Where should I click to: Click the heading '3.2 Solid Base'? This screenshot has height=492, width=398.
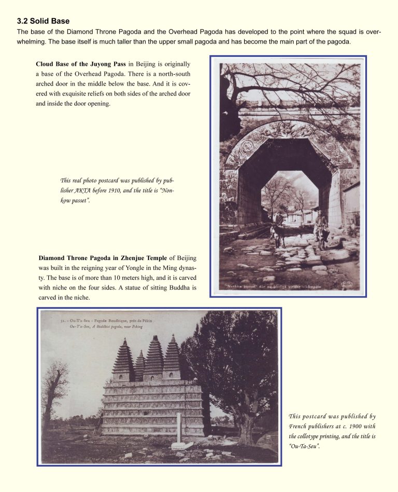(43, 21)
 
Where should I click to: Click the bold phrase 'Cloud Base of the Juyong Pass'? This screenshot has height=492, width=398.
(81, 64)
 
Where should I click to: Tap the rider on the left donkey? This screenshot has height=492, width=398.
(279, 220)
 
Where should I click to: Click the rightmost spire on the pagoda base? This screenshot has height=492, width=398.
(173, 356)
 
